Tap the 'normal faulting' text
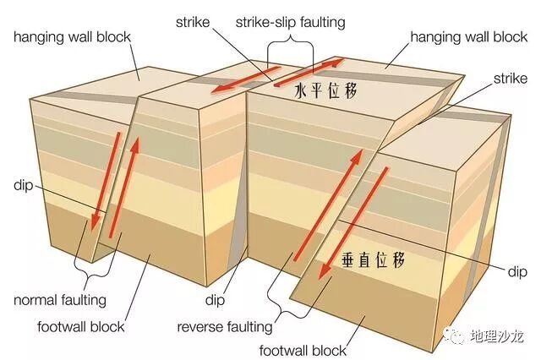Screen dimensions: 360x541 pos(59,299)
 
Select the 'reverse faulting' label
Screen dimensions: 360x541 pos(225,326)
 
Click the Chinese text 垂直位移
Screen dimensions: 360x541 pos(377,259)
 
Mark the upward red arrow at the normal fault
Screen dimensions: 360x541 pos(127,186)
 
